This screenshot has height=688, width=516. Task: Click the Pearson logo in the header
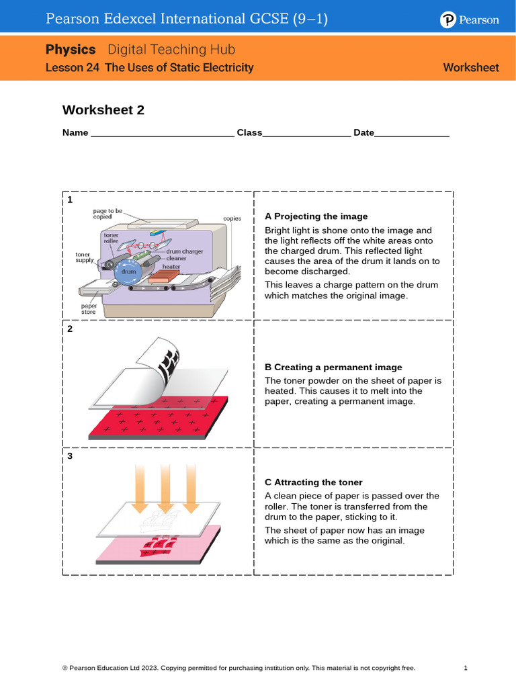[470, 20]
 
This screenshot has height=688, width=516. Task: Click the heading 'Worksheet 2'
[103, 110]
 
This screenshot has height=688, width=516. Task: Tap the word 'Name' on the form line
[75, 133]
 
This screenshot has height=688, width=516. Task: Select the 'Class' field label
[249, 133]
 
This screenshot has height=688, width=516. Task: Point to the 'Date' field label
[363, 133]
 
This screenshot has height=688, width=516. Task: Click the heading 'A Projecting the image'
[316, 216]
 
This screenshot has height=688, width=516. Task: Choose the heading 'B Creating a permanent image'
[333, 368]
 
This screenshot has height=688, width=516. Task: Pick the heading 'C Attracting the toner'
[314, 482]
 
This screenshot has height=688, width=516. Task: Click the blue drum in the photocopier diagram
[128, 271]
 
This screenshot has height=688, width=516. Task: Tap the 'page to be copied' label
[107, 214]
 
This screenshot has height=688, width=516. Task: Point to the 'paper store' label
[89, 308]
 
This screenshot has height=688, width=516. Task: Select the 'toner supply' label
[85, 257]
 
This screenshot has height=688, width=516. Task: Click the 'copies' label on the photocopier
[232, 219]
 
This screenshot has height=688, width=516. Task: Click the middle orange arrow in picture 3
[161, 487]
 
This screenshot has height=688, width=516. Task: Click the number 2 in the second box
[70, 329]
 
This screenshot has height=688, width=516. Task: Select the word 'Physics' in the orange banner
[71, 49]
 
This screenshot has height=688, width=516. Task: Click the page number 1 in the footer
[466, 668]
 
